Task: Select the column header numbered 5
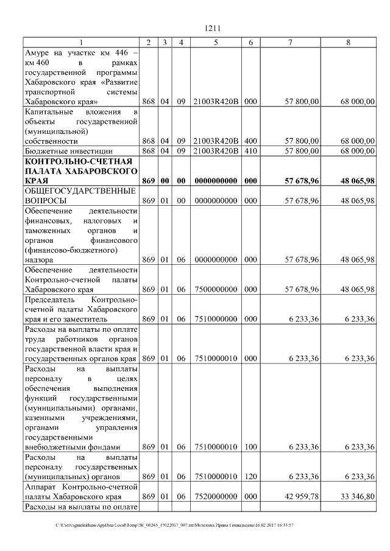pos(216,42)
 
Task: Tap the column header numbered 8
pos(348,42)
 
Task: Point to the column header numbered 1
pos(80,42)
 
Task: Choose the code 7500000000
pos(216,289)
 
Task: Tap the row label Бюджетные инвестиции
pos(63,150)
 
